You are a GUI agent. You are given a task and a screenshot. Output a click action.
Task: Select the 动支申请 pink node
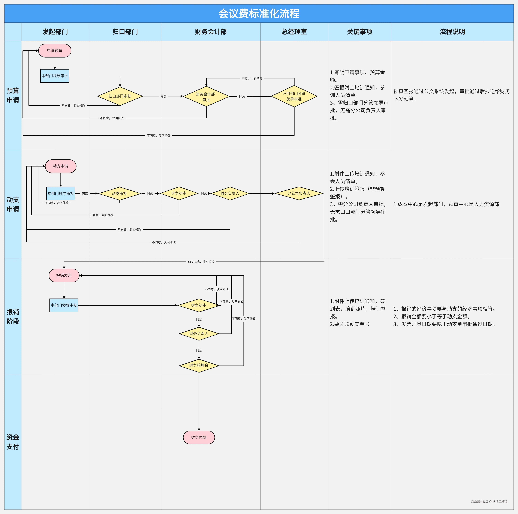(61, 166)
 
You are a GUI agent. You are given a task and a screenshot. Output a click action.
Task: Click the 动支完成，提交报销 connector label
(201, 262)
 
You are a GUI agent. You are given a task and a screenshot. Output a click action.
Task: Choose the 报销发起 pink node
(64, 275)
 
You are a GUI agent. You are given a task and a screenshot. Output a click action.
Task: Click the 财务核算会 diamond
(199, 366)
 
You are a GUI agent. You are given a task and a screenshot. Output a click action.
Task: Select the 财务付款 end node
(199, 437)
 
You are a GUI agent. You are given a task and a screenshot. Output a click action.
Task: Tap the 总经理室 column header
(294, 32)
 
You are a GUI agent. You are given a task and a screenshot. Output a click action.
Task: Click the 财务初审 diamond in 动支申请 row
(179, 193)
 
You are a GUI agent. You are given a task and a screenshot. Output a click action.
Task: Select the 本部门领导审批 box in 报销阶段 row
(64, 305)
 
